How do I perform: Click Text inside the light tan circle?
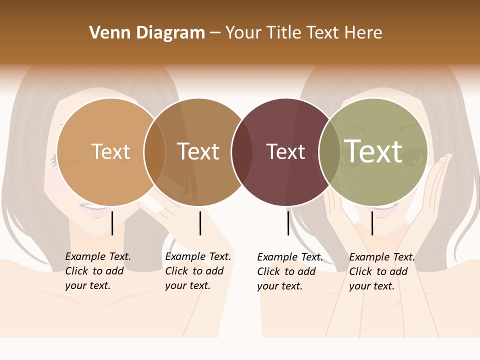[x=110, y=151]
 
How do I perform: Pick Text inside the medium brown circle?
[x=198, y=151]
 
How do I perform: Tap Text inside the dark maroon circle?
[x=285, y=151]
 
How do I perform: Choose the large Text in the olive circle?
[x=373, y=151]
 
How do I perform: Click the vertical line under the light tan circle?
[x=112, y=223]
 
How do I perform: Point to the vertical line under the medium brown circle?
[x=200, y=223]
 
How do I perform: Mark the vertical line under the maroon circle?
[x=288, y=223]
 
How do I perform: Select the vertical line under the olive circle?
[x=372, y=223]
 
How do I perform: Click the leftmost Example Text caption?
[x=97, y=271]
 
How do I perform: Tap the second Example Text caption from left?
[x=197, y=271]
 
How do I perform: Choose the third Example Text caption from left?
[x=289, y=271]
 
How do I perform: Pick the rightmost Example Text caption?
[x=381, y=271]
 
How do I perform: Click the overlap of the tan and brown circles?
[x=155, y=151]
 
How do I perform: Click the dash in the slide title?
[x=215, y=33]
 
